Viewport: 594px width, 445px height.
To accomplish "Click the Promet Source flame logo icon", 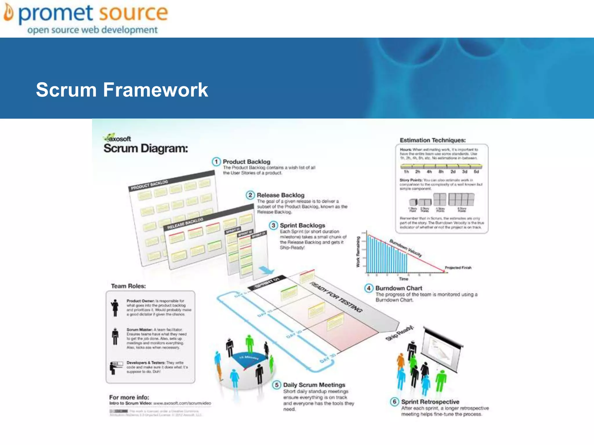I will (9, 13).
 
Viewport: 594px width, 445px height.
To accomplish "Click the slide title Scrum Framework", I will (122, 90).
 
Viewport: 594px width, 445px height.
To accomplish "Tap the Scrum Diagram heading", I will (146, 148).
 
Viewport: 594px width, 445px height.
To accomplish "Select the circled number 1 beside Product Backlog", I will (216, 162).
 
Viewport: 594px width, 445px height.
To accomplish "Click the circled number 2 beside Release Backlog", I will (250, 195).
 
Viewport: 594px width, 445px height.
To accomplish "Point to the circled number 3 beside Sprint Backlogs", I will (273, 225).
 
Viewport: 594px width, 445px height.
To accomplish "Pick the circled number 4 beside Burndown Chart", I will (369, 288).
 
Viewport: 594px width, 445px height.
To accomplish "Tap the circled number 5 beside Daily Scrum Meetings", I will (277, 385).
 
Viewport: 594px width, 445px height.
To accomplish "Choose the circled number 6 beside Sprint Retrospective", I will (394, 402).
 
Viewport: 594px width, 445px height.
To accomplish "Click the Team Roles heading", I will (128, 286).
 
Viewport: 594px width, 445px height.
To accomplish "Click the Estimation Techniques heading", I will (432, 140).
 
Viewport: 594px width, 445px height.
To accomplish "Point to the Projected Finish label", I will (458, 268).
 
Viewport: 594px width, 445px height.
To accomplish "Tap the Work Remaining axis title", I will (358, 251).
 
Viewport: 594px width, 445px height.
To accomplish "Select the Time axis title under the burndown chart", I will (403, 279).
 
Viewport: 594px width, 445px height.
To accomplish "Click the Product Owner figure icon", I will (115, 308).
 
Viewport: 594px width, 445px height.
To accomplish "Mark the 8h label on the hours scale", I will (441, 172).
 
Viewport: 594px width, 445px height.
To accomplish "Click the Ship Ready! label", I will (400, 333).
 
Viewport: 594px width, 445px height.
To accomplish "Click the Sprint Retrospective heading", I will (430, 402).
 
